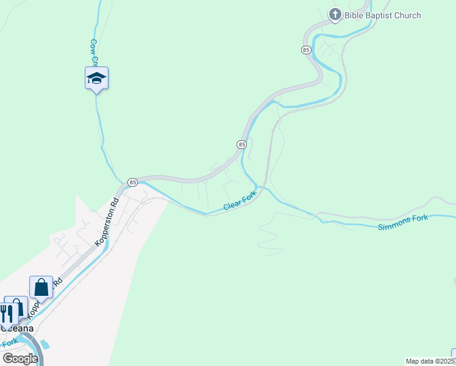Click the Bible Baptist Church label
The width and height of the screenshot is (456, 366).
coord(383,15)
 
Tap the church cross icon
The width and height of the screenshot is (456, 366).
coord(335,15)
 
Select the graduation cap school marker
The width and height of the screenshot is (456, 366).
coord(96,78)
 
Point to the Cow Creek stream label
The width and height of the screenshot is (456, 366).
coord(94,52)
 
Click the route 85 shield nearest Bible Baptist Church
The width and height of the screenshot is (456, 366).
coord(306,49)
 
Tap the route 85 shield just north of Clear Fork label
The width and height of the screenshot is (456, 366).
coord(241,144)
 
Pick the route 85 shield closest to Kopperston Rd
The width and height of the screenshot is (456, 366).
coord(133,182)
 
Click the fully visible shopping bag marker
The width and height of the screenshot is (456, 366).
coord(41,287)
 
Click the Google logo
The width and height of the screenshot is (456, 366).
coord(20,358)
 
